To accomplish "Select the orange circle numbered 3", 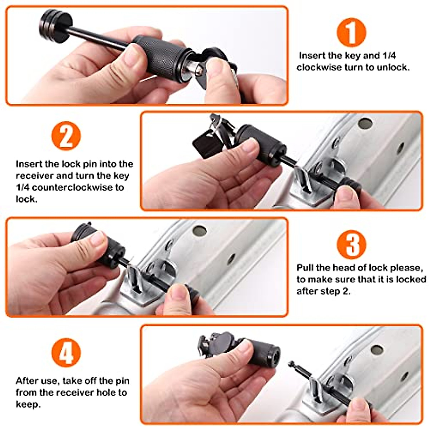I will (351, 244).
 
